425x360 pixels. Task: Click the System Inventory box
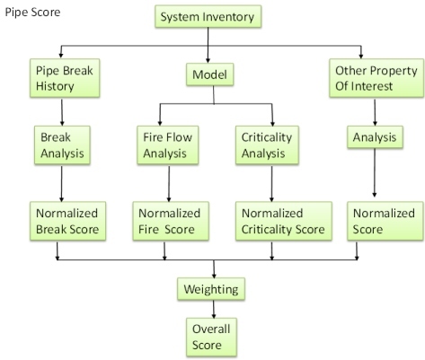[x=208, y=17]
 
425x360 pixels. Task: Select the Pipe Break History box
[x=65, y=78]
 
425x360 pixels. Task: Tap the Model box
[x=209, y=75]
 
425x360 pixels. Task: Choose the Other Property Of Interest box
[x=376, y=78]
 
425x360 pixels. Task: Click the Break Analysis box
[x=62, y=145]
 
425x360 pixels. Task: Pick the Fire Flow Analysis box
[x=168, y=145]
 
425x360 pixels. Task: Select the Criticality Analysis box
[x=267, y=145]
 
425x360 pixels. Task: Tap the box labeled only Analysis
[x=375, y=137]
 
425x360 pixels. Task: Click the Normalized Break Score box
[x=67, y=221]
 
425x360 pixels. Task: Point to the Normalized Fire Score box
[x=171, y=221]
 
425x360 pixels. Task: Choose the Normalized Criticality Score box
[x=284, y=221]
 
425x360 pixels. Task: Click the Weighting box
[x=211, y=289]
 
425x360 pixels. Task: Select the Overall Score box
[x=211, y=338]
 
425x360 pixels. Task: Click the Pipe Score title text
[x=32, y=12]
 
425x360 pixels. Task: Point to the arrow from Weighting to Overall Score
[x=214, y=309]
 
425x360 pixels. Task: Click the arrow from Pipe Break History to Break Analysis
[x=62, y=112]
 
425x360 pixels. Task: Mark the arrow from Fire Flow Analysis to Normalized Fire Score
[x=169, y=184]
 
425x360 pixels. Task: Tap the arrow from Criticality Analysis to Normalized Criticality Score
[x=271, y=184]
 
